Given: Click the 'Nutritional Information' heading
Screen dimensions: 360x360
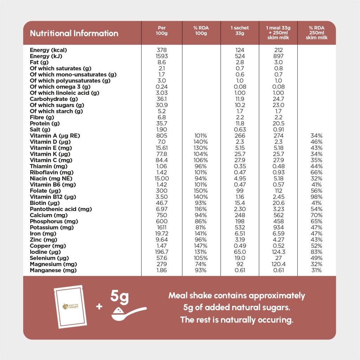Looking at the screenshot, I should (x=74, y=33).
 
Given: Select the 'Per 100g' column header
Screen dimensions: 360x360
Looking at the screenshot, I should (x=162, y=31).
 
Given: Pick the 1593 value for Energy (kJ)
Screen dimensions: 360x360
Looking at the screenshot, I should (x=162, y=56).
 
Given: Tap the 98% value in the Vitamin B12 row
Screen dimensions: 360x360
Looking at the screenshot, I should (x=316, y=197).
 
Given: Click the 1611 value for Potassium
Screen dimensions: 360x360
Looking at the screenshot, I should (x=162, y=227).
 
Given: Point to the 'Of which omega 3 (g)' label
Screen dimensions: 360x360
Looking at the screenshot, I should (x=60, y=87).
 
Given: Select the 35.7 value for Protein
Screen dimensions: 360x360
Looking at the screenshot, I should (x=162, y=123).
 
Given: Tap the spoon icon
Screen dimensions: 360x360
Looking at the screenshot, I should (x=129, y=314).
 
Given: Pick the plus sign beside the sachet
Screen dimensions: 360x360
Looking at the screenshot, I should (x=99, y=307).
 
